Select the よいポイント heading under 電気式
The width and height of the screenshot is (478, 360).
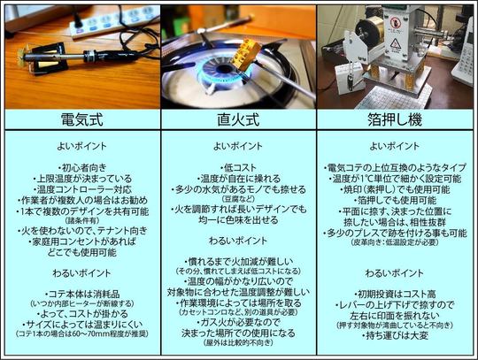(x=81, y=147)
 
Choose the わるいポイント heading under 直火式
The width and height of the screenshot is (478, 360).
(x=237, y=240)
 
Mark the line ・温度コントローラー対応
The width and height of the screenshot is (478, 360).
(x=81, y=188)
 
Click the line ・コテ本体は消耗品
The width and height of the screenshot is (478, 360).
(x=81, y=294)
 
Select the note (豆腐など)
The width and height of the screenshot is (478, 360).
(x=237, y=199)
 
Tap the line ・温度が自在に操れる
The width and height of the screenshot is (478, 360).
(x=237, y=178)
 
